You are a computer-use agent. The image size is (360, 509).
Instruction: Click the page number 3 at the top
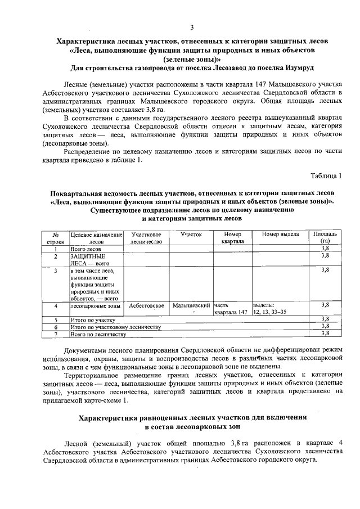point(192,28)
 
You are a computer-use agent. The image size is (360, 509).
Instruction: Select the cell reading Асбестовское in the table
point(146,305)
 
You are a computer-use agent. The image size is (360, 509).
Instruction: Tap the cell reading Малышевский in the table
point(191,305)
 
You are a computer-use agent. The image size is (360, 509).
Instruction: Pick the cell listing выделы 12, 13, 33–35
point(269,308)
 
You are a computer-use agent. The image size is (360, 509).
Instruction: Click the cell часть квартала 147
point(230,308)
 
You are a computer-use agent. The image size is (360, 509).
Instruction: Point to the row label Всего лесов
point(86,248)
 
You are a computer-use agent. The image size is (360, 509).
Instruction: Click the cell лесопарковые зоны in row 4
point(91,305)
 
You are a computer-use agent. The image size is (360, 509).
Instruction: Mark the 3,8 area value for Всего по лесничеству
point(325,334)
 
